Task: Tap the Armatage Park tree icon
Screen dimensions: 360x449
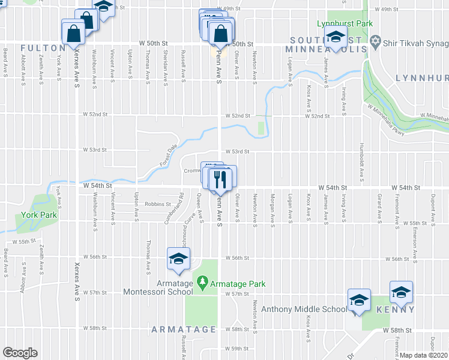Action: [203, 281]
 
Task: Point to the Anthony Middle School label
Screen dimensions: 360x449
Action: [304, 310]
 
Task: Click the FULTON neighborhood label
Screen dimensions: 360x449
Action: [42, 47]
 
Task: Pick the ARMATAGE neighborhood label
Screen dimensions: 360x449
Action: [184, 329]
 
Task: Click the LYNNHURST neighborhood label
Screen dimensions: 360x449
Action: [422, 79]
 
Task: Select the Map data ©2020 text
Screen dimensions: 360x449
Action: [423, 355]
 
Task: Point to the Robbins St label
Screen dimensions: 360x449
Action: [158, 204]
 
